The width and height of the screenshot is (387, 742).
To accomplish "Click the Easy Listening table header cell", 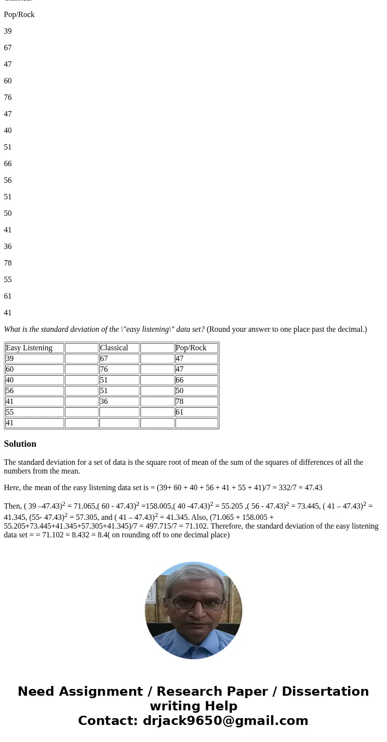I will tap(34, 348).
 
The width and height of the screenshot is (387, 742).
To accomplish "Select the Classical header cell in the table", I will tap(119, 348).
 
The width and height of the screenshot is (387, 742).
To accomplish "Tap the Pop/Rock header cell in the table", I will tap(196, 348).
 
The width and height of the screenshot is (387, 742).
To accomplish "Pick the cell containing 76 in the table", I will tap(119, 369).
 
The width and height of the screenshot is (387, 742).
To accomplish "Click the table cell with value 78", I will tap(196, 401).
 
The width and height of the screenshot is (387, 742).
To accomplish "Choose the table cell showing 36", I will tap(119, 401).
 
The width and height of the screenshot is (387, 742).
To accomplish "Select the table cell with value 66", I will tap(196, 380).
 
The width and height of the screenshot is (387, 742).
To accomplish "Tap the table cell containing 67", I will tap(119, 359).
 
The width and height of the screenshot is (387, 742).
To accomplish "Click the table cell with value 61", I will tap(196, 412).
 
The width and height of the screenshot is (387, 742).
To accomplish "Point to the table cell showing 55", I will tap(34, 412).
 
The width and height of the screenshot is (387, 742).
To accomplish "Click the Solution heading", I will tap(20, 444).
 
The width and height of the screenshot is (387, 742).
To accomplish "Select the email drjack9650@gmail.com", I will tap(225, 721).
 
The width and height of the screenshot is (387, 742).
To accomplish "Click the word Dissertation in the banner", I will tap(325, 691).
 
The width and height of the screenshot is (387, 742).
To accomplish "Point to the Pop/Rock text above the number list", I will tap(19, 15).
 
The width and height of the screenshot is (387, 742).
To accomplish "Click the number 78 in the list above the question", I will tap(8, 263).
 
